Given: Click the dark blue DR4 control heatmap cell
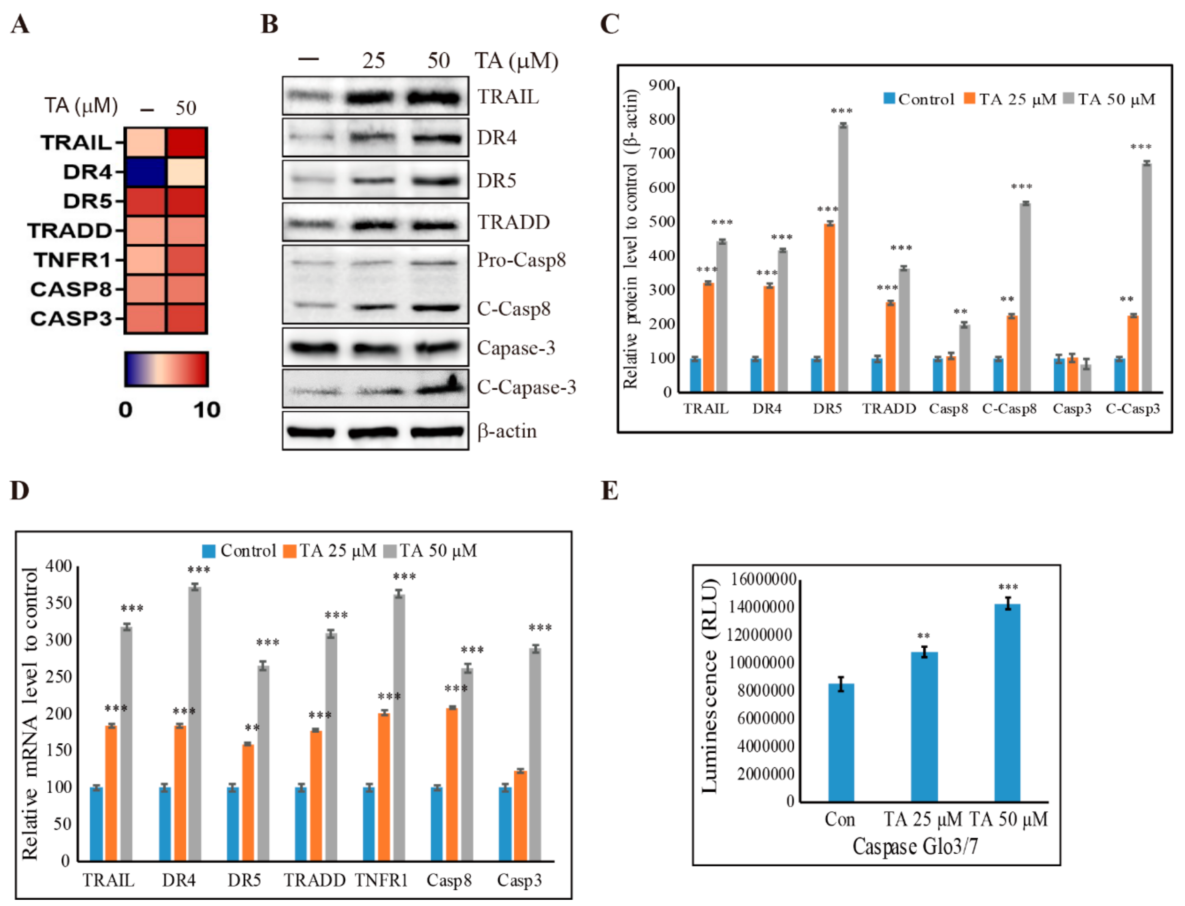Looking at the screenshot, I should (144, 172).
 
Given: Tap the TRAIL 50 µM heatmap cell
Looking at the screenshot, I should (186, 142).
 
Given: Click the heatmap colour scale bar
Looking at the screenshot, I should (166, 369).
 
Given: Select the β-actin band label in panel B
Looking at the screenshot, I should (507, 431).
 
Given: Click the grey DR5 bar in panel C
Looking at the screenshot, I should (843, 259).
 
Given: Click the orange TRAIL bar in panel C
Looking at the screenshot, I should (708, 337).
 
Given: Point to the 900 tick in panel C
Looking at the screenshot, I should (661, 85).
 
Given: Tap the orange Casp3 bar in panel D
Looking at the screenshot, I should (520, 815).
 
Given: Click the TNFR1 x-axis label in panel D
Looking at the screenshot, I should (381, 881).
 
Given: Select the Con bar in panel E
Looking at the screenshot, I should (841, 743).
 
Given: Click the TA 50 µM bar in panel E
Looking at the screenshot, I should (1007, 703).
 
